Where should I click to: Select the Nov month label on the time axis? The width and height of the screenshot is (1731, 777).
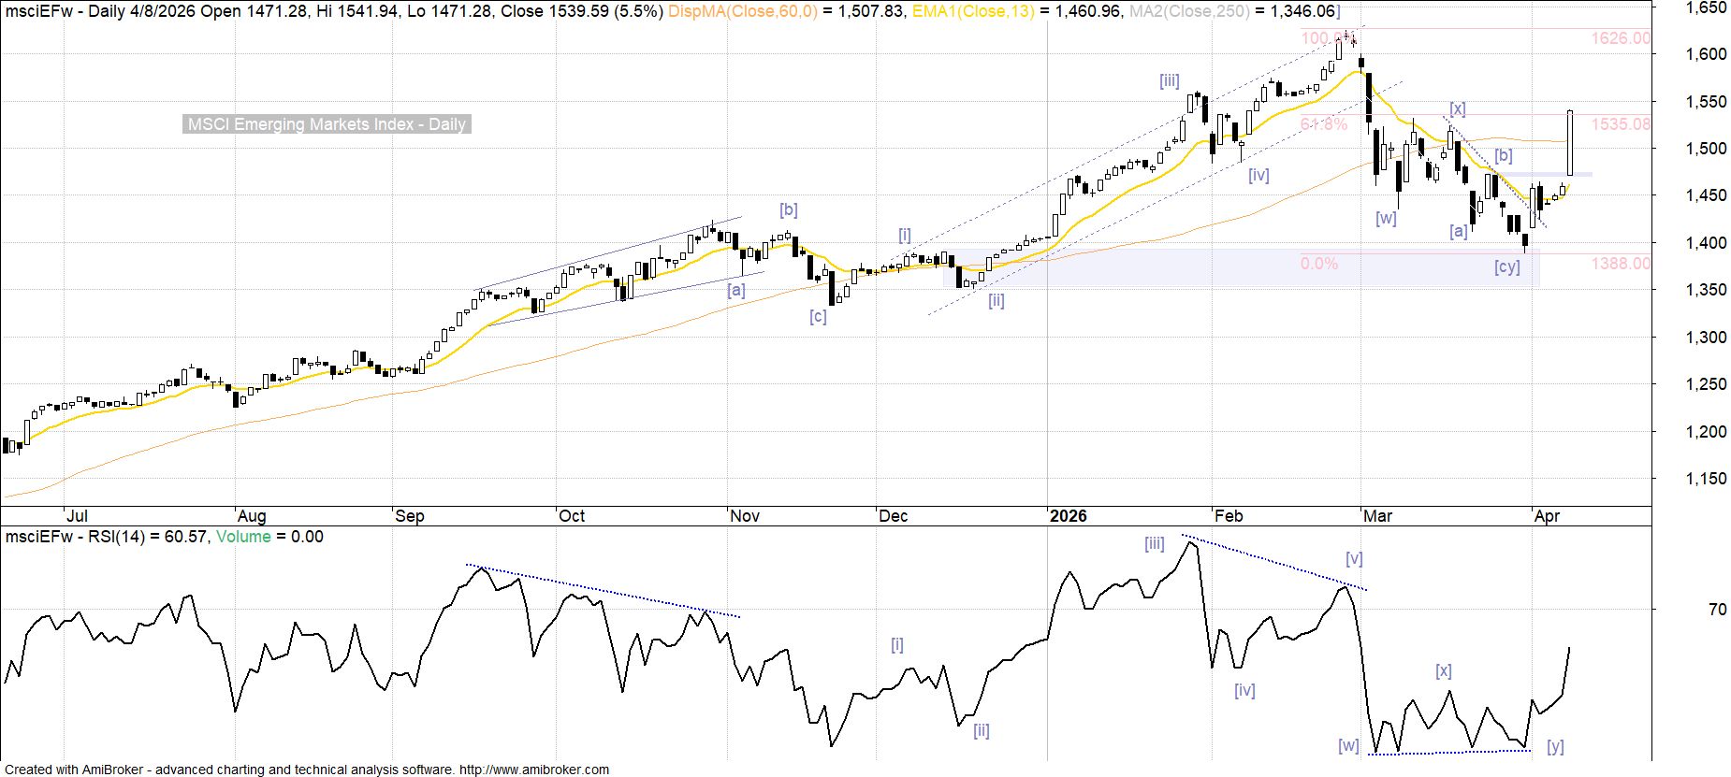pyautogui.click(x=745, y=516)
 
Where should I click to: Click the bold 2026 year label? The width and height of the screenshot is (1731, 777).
pyautogui.click(x=1068, y=516)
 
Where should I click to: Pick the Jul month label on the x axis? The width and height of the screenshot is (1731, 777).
pyautogui.click(x=77, y=516)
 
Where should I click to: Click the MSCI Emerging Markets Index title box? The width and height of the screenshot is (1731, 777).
pyautogui.click(x=327, y=124)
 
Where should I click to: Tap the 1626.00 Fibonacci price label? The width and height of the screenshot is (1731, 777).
pyautogui.click(x=1621, y=38)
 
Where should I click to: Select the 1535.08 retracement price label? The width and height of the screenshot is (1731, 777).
pyautogui.click(x=1621, y=124)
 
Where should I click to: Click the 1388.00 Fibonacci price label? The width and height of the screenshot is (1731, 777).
pyautogui.click(x=1621, y=264)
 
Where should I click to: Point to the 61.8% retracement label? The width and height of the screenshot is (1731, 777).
pyautogui.click(x=1323, y=124)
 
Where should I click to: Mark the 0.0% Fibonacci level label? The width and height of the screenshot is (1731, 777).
pyautogui.click(x=1318, y=264)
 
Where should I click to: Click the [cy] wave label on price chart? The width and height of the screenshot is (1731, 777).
pyautogui.click(x=1506, y=267)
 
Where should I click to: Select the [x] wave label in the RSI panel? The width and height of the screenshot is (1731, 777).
pyautogui.click(x=1444, y=671)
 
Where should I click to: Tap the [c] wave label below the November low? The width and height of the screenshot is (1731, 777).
pyautogui.click(x=818, y=317)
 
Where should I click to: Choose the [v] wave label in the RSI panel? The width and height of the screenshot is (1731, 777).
pyautogui.click(x=1354, y=559)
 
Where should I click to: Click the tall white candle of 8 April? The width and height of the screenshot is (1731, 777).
pyautogui.click(x=1569, y=143)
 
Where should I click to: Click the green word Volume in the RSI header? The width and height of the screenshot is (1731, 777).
pyautogui.click(x=243, y=537)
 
